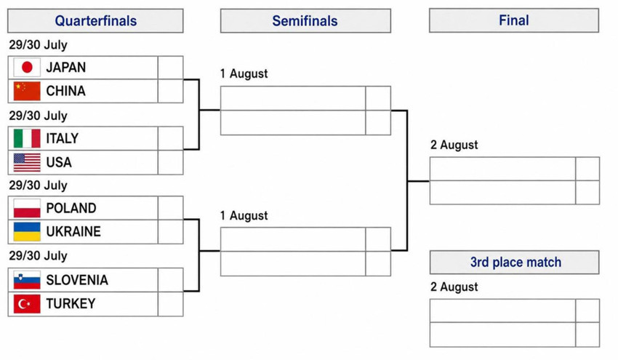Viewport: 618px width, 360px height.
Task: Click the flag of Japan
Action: tap(27, 68)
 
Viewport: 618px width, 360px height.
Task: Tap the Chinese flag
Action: tap(27, 91)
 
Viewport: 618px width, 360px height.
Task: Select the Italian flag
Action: tap(27, 138)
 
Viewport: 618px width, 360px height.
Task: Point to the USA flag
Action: tap(27, 162)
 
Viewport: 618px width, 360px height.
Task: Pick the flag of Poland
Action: tap(27, 208)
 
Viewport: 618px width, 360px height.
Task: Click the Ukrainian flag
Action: tap(27, 231)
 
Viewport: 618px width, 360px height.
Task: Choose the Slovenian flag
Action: tap(27, 280)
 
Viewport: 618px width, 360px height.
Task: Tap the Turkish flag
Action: tap(27, 303)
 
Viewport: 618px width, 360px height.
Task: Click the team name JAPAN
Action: tap(66, 68)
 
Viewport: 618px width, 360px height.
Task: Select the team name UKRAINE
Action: tap(73, 231)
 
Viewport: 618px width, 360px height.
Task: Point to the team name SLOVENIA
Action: tap(77, 280)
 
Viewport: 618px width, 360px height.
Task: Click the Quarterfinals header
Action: tap(95, 21)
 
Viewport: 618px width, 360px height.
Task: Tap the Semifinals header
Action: tap(305, 21)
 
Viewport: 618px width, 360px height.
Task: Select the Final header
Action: tap(514, 20)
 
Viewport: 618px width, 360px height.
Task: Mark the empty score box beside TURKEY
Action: tap(171, 304)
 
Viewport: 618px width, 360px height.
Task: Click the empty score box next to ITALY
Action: tap(171, 138)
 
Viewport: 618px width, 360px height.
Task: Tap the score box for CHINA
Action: tap(171, 91)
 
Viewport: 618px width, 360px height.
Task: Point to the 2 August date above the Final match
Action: tap(454, 145)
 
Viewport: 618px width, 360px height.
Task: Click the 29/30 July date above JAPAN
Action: tap(39, 45)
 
